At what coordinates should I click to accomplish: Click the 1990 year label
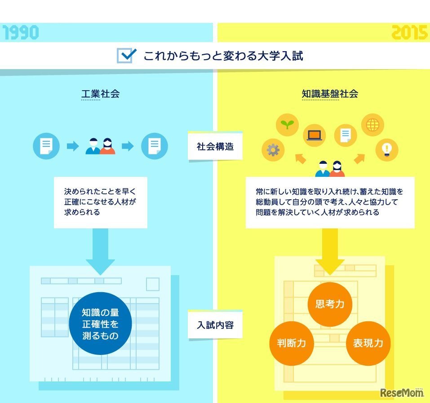(x=21, y=33)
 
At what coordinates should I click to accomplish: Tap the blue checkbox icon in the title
(x=126, y=56)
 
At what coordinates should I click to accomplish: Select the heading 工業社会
(x=100, y=94)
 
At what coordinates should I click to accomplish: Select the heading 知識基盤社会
(x=330, y=94)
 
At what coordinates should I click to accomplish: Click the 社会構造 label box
(x=215, y=146)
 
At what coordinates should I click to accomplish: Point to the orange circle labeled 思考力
(x=329, y=304)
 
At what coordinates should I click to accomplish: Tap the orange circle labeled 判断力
(x=291, y=343)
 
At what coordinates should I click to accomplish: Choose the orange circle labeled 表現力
(x=368, y=343)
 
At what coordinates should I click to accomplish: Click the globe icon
(x=372, y=125)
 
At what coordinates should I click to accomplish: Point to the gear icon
(x=273, y=149)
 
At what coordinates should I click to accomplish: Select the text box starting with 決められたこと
(x=100, y=201)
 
